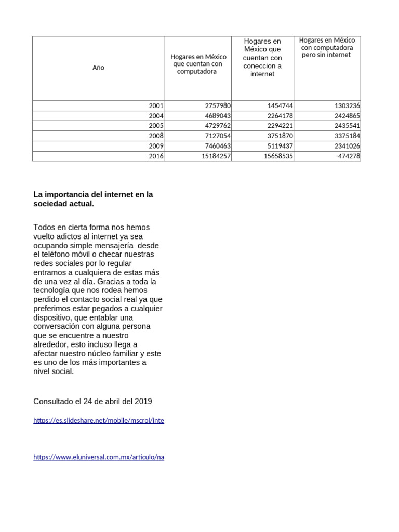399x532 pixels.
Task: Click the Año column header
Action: pyautogui.click(x=98, y=68)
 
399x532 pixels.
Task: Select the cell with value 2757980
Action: pyautogui.click(x=218, y=106)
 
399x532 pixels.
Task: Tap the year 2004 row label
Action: pyautogui.click(x=156, y=116)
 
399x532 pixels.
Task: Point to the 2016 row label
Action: pyautogui.click(x=156, y=156)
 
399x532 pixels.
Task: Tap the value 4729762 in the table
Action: pyautogui.click(x=218, y=126)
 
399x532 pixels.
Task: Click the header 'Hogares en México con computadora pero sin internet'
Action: pyautogui.click(x=327, y=47)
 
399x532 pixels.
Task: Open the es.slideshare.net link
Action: pyautogui.click(x=99, y=421)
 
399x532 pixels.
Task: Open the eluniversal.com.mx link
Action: pyautogui.click(x=99, y=457)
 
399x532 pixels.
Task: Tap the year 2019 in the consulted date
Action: pyautogui.click(x=143, y=402)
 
